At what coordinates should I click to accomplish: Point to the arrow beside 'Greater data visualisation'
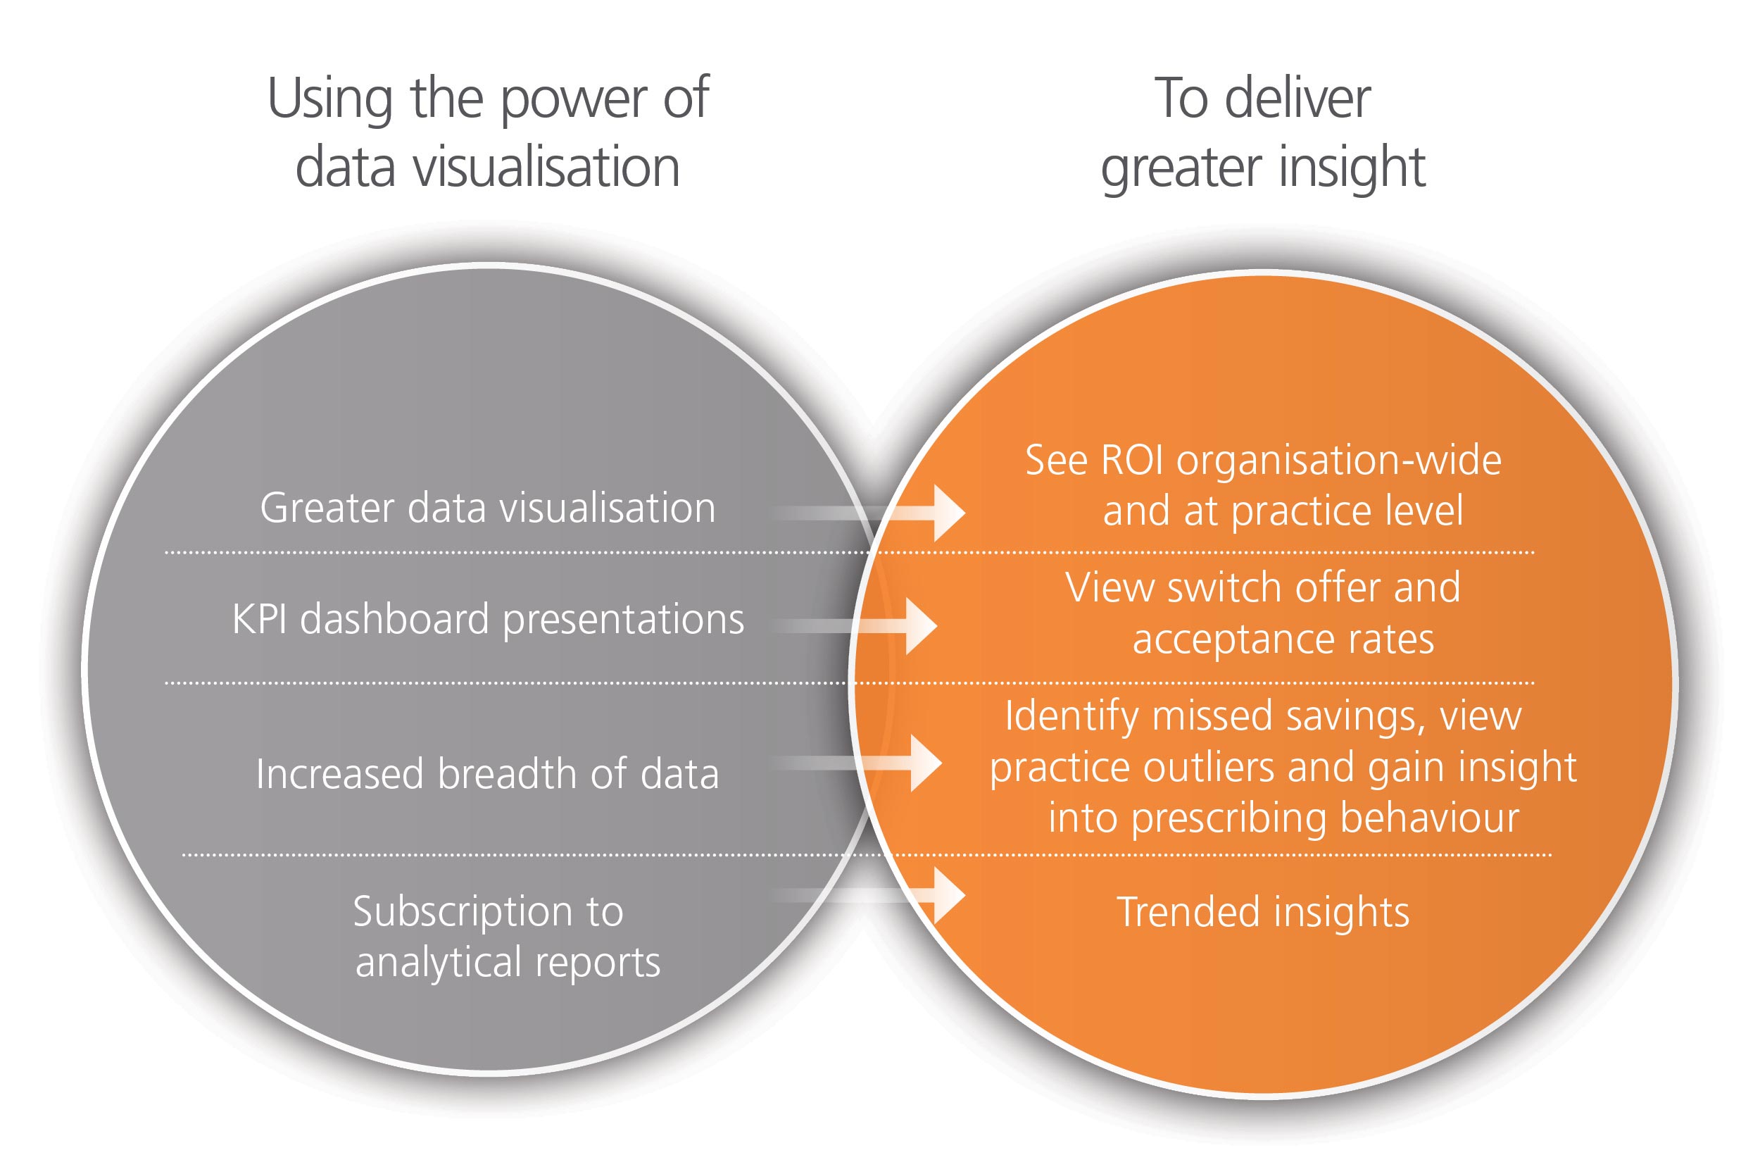pyautogui.click(x=868, y=513)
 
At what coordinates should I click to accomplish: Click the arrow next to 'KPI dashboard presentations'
pyautogui.click(x=854, y=626)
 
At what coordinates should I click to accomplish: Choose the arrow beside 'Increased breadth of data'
pyautogui.click(x=856, y=763)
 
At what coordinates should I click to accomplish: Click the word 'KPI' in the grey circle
pyautogui.click(x=260, y=619)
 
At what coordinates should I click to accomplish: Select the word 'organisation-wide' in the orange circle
pyautogui.click(x=1339, y=460)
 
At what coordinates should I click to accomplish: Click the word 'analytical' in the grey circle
pyautogui.click(x=439, y=963)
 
